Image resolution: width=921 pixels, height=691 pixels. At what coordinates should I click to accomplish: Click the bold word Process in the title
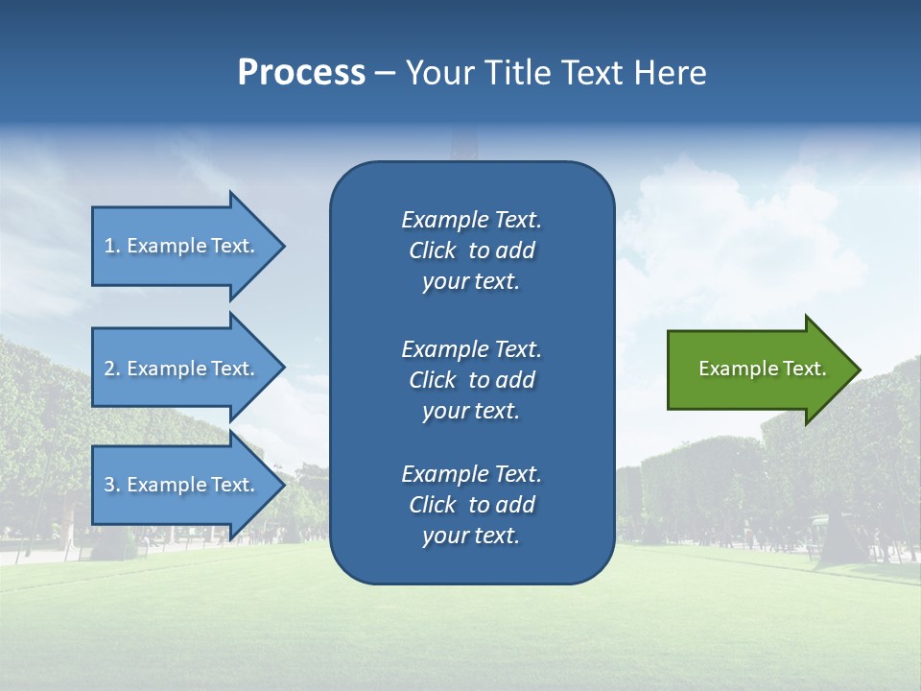tap(301, 73)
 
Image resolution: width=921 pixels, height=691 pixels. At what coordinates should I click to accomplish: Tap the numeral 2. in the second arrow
tap(111, 369)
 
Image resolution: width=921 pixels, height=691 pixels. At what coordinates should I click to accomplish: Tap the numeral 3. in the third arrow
tap(111, 485)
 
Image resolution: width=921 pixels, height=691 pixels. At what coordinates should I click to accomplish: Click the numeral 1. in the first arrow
tap(111, 246)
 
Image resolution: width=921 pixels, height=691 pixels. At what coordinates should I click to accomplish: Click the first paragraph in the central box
tap(471, 250)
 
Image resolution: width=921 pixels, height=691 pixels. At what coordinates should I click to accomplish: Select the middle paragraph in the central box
tap(471, 380)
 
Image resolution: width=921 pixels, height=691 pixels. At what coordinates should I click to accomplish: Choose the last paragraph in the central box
tap(471, 505)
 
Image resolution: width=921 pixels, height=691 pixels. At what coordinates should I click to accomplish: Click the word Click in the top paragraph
tap(432, 250)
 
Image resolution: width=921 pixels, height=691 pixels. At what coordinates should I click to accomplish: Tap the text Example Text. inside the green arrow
tap(763, 369)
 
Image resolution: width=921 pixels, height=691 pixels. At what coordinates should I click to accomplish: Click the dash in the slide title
tap(386, 74)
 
